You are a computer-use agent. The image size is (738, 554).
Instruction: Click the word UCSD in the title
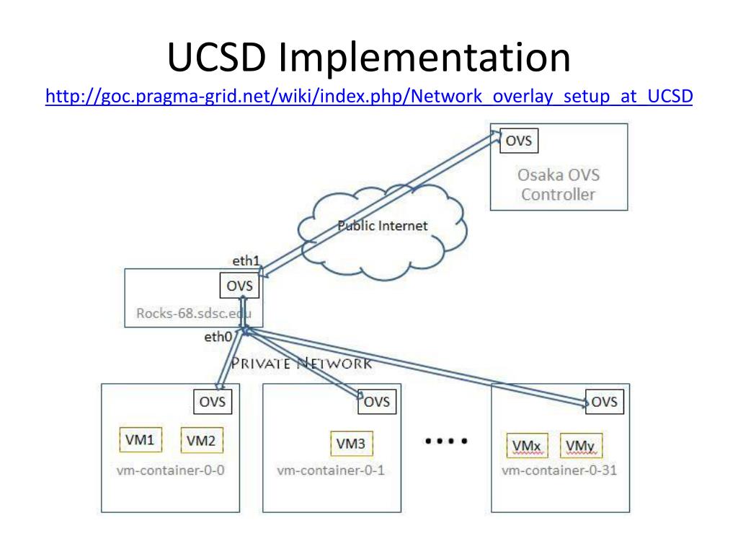(217, 57)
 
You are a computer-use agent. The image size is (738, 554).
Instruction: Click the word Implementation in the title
(424, 58)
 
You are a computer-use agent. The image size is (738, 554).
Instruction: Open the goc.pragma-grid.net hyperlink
(369, 96)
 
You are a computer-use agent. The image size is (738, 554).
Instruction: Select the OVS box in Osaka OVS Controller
(519, 141)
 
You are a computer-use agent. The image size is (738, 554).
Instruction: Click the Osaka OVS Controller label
(559, 185)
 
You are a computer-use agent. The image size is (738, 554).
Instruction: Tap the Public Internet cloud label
(383, 226)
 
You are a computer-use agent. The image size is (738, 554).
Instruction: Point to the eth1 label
(246, 261)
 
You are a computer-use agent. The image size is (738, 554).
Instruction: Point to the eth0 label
(218, 337)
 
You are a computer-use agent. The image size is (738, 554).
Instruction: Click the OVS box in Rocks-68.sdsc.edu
(239, 286)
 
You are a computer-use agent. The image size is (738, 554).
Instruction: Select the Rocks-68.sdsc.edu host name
(194, 313)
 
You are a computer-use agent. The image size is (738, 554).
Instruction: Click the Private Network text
(301, 364)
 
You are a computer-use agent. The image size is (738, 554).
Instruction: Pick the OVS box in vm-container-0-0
(213, 402)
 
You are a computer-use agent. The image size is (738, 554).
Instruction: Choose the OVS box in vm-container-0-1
(377, 402)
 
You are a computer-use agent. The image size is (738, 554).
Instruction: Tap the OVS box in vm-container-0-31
(605, 402)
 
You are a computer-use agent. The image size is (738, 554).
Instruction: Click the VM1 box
(141, 440)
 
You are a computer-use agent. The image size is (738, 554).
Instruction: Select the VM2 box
(202, 441)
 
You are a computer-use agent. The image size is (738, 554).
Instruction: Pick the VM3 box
(352, 444)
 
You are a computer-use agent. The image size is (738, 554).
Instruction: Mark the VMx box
(527, 446)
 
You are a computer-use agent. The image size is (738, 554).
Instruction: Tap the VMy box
(581, 446)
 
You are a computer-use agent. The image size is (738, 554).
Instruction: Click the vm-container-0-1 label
(331, 470)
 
